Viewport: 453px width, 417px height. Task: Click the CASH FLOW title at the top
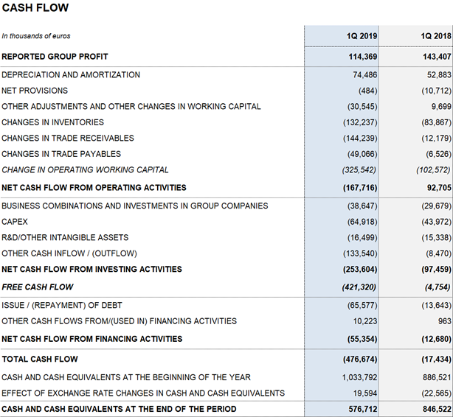click(35, 8)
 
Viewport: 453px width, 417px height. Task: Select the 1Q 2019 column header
click(362, 36)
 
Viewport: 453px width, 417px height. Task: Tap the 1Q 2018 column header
click(436, 36)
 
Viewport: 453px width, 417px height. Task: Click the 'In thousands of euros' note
click(36, 36)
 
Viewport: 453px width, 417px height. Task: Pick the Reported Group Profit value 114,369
click(363, 57)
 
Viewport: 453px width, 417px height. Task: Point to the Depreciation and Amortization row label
click(71, 74)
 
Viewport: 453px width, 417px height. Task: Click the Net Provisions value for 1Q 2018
click(436, 91)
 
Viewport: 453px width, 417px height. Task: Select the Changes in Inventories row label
click(52, 122)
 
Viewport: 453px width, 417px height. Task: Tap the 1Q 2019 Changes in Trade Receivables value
click(360, 139)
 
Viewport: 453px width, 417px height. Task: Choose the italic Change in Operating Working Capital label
click(85, 169)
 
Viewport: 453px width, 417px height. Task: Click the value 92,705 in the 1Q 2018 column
click(439, 188)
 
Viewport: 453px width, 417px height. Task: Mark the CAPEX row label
click(15, 222)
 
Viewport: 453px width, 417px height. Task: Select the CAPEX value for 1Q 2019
click(362, 222)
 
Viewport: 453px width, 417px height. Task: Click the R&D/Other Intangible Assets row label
click(65, 237)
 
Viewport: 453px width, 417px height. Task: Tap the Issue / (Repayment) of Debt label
click(62, 305)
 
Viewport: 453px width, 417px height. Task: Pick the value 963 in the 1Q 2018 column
click(444, 321)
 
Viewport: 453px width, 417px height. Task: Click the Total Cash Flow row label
click(40, 359)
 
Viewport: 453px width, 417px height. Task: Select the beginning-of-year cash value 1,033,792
click(360, 377)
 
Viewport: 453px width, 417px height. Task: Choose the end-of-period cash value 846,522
click(437, 409)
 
